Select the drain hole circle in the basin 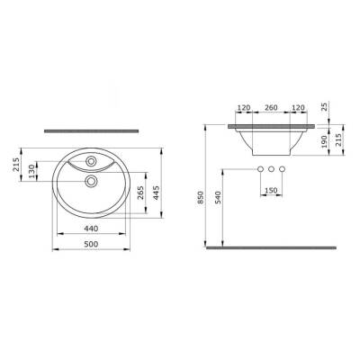click(91, 181)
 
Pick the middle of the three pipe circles click(271, 169)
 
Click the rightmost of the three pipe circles click(281, 169)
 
